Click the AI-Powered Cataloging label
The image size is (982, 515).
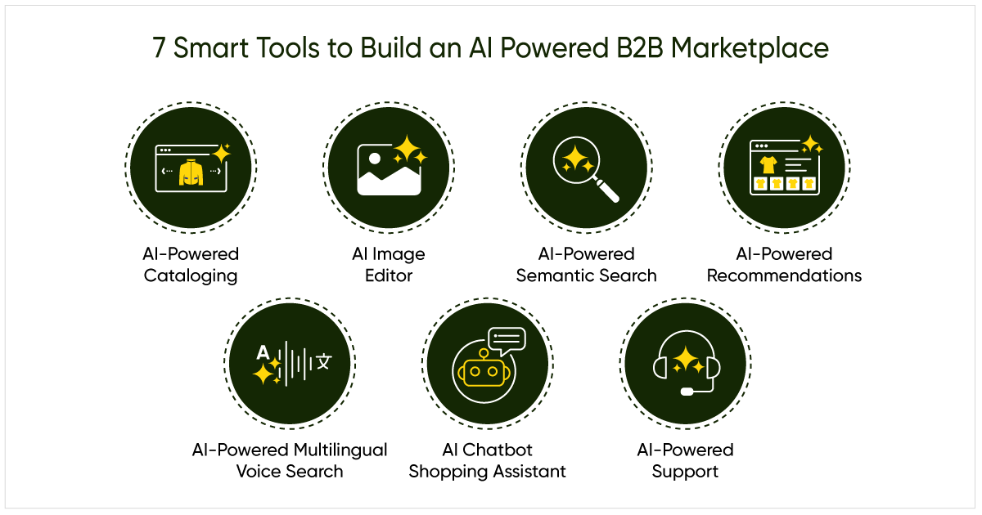click(x=191, y=264)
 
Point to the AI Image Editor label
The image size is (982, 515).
click(x=389, y=264)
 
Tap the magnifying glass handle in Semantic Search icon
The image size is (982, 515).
click(x=609, y=190)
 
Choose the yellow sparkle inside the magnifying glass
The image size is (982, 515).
click(x=578, y=157)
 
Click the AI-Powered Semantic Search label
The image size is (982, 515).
click(x=586, y=264)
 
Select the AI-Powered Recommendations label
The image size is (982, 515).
click(x=784, y=264)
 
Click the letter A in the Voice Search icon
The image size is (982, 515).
click(x=263, y=352)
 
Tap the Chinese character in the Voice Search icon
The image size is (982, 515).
click(x=324, y=361)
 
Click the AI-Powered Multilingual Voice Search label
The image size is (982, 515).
click(x=290, y=460)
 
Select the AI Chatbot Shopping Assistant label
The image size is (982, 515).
click(x=487, y=460)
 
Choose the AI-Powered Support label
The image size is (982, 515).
click(x=685, y=460)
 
